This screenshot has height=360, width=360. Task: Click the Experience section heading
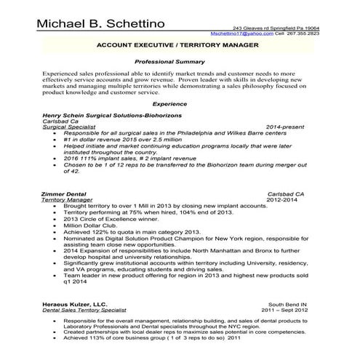pyautogui.click(x=179, y=105)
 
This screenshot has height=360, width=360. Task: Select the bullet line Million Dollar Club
pyautogui.click(x=89, y=225)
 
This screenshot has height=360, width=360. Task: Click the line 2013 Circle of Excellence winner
pyautogui.click(x=111, y=219)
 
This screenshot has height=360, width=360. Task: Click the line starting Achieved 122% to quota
pyautogui.click(x=131, y=231)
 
